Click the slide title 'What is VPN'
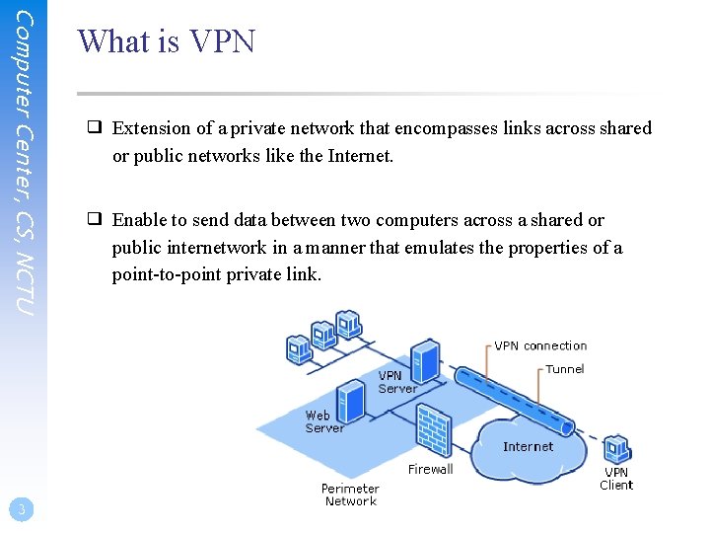tap(166, 41)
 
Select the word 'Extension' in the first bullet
tap(151, 128)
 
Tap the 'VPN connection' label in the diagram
tap(539, 345)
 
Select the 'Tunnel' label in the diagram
tap(564, 369)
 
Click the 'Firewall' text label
tap(430, 469)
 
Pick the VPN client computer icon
tap(617, 450)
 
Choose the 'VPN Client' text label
tap(616, 479)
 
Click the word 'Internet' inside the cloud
tap(528, 446)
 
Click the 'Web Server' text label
tap(323, 421)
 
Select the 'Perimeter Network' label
tap(350, 495)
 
